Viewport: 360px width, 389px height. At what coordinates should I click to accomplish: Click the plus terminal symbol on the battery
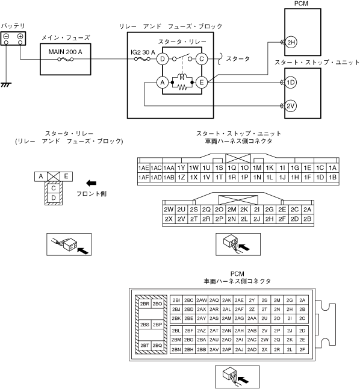(x=20, y=37)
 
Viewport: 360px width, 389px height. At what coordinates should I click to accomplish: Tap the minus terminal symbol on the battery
(x=7, y=37)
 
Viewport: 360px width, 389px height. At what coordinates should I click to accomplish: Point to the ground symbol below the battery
(x=6, y=85)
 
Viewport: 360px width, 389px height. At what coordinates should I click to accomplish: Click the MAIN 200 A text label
(x=65, y=52)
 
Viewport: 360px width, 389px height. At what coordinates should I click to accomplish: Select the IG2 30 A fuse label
(x=143, y=52)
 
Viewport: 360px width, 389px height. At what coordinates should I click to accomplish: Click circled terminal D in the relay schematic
(x=163, y=59)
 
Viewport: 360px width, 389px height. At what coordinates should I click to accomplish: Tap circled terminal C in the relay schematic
(x=202, y=59)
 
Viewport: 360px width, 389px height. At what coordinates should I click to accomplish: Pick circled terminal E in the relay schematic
(x=202, y=82)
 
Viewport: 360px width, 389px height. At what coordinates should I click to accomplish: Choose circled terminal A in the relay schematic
(x=163, y=82)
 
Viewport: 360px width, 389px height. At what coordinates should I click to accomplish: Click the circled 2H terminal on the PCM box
(x=291, y=42)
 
